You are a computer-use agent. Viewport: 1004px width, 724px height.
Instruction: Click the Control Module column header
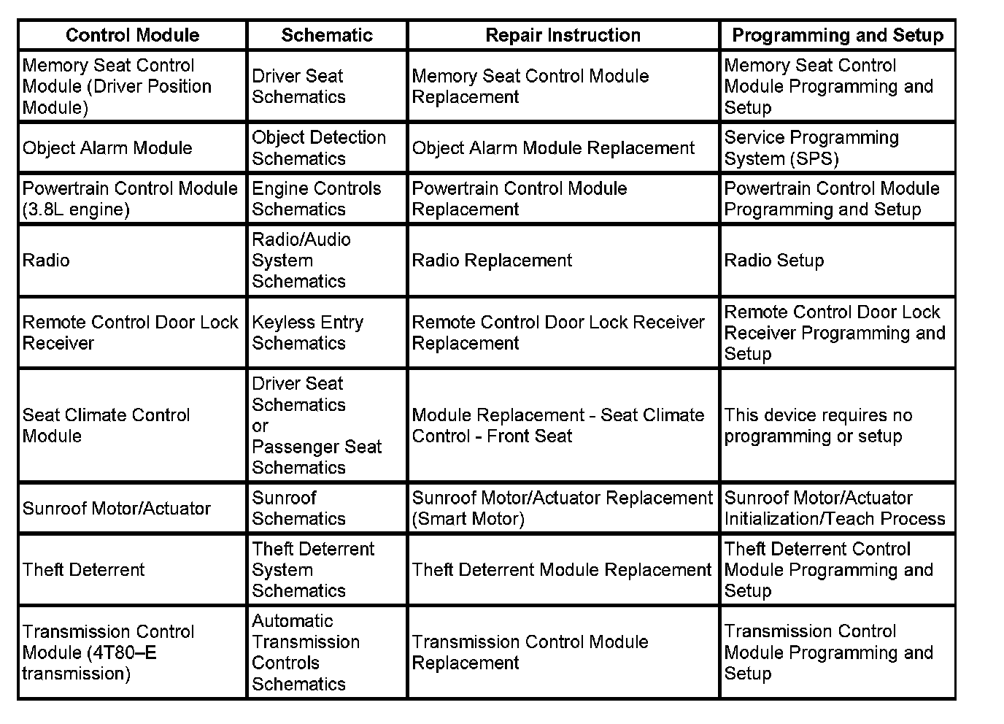(x=132, y=35)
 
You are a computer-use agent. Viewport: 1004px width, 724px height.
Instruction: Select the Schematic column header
(x=327, y=35)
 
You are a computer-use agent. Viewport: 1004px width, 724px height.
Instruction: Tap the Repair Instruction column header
(x=563, y=35)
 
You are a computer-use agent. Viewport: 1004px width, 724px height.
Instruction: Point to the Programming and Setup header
(x=837, y=35)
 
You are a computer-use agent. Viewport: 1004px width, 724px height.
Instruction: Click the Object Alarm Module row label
(x=107, y=148)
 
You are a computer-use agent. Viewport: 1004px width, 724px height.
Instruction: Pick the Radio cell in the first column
(x=46, y=261)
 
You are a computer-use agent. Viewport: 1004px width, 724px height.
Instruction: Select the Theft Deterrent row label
(x=83, y=570)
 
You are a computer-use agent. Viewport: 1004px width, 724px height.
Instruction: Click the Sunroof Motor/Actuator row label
(x=116, y=509)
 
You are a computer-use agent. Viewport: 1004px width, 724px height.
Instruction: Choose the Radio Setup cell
(x=773, y=261)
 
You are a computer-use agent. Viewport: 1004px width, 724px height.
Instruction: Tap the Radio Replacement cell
(x=492, y=261)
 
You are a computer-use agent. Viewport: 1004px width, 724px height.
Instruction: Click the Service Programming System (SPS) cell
(x=811, y=148)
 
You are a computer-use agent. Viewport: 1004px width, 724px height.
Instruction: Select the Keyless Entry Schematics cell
(x=307, y=333)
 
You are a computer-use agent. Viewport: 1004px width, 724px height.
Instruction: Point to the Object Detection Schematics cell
(x=318, y=148)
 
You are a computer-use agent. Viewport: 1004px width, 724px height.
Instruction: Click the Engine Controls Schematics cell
(x=316, y=199)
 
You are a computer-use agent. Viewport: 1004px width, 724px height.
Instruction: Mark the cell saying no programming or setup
(x=817, y=425)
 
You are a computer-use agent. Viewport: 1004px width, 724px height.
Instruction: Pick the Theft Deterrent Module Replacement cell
(x=561, y=570)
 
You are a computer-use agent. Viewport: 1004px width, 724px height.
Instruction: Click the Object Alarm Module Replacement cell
(x=553, y=148)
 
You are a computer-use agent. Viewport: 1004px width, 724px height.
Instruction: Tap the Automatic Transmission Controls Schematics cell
(x=305, y=652)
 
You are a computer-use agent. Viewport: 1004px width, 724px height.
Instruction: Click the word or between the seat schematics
(x=260, y=425)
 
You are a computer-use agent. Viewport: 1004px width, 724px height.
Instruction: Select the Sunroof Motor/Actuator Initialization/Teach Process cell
(x=834, y=509)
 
